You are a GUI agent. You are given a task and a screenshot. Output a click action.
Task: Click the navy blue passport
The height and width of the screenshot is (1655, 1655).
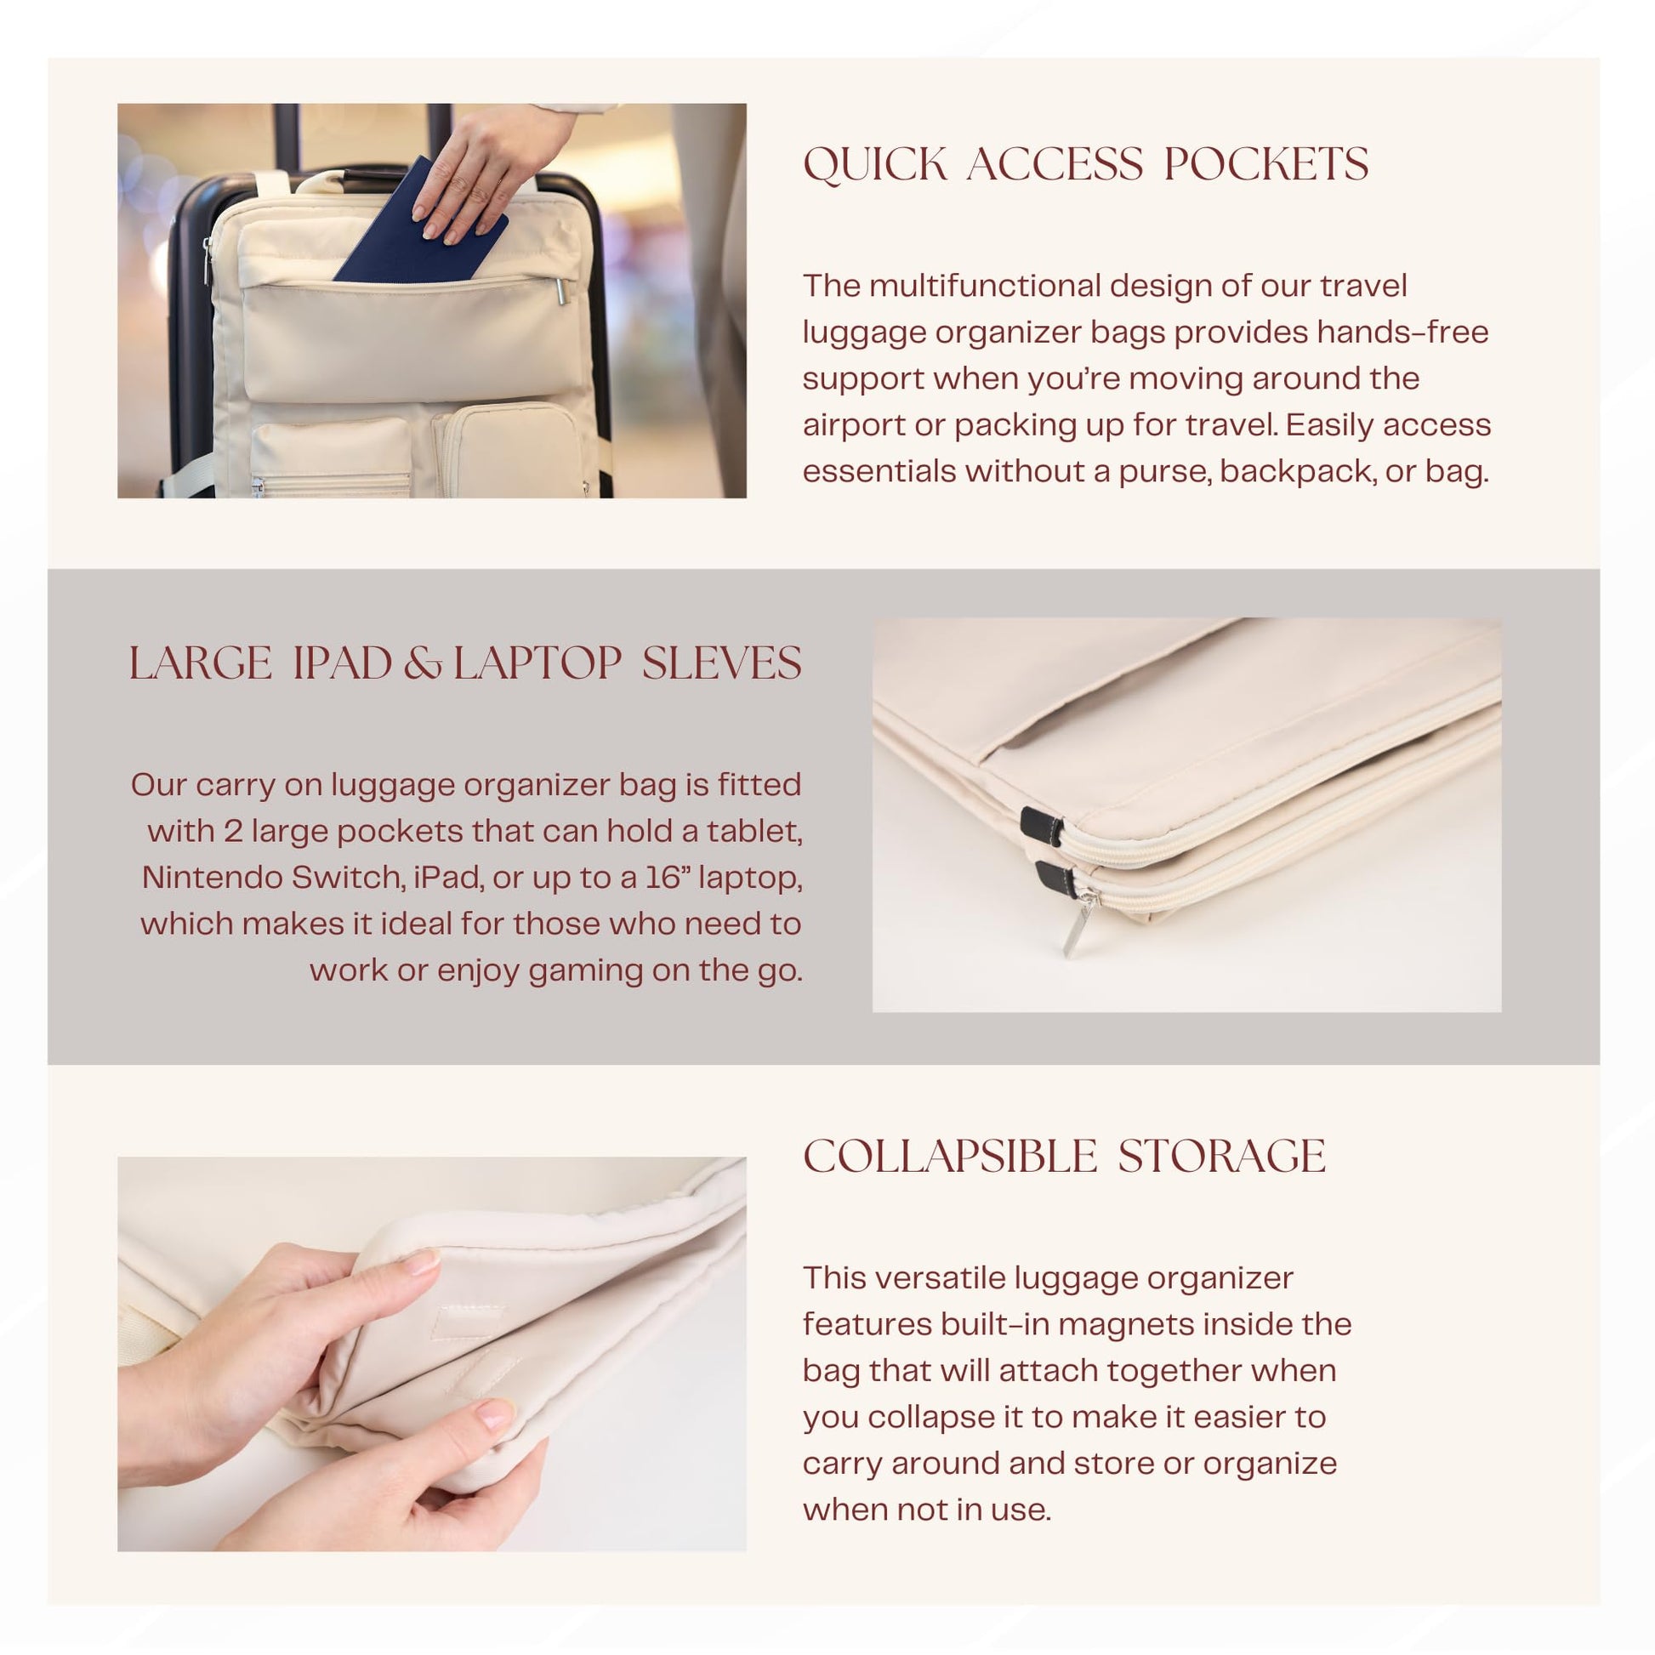[x=420, y=225]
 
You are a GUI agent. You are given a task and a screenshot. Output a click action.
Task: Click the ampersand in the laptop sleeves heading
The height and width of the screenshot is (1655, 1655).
[x=423, y=664]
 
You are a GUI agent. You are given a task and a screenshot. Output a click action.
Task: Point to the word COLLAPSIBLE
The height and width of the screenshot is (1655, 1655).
[x=950, y=1157]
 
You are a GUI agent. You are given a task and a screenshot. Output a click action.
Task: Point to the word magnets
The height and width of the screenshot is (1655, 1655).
[x=1122, y=1323]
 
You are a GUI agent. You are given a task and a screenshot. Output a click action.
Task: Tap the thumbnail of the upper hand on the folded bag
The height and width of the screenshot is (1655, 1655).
[x=420, y=1261]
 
